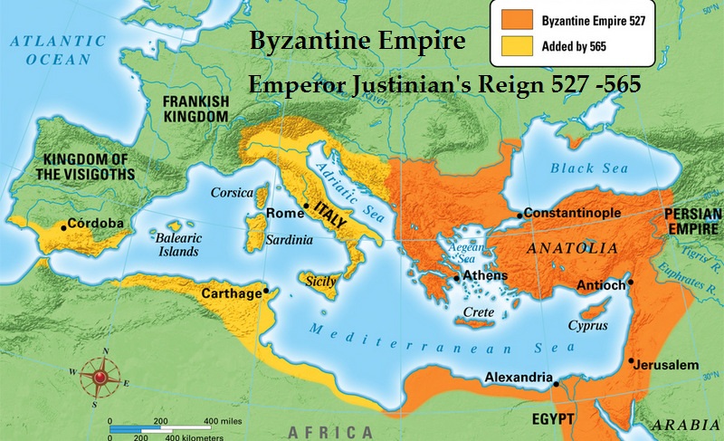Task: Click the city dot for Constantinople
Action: point(520,215)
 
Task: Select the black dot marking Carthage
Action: point(265,291)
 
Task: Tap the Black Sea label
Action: point(586,168)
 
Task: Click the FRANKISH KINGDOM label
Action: point(194,110)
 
